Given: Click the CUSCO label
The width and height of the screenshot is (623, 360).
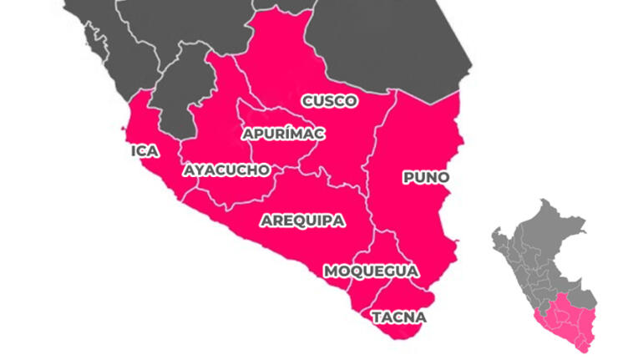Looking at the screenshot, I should [x=329, y=101].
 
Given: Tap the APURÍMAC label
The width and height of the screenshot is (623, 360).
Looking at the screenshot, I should [x=283, y=134].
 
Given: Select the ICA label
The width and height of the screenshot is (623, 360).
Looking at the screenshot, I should [x=144, y=151].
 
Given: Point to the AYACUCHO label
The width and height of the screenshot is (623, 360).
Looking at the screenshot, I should [x=226, y=170].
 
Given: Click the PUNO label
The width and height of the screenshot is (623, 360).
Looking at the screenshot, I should [x=425, y=177].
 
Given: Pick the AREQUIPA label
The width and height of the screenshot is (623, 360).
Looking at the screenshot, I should [x=301, y=221].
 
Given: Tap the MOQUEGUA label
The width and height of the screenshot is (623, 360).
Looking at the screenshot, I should [x=371, y=271].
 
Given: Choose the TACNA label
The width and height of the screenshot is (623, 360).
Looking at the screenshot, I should [x=398, y=317].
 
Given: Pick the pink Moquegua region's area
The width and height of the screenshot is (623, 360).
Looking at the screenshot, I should [x=380, y=251].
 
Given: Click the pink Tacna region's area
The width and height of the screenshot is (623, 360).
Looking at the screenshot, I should [x=401, y=297].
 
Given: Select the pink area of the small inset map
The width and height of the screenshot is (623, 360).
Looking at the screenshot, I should [x=568, y=322].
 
